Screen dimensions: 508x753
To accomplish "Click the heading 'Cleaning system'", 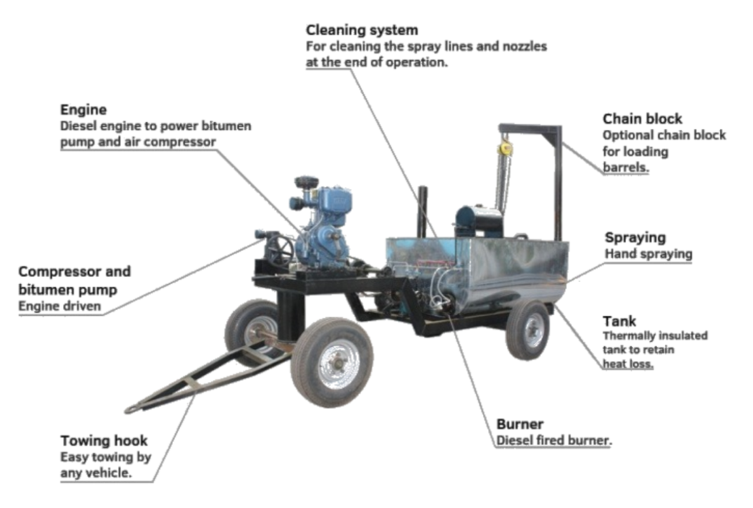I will pos(362,30).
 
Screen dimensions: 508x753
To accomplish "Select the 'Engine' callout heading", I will pos(83,109).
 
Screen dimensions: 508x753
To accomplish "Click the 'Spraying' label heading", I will pos(634,238).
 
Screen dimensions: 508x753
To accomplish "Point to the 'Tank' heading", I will pos(619,321).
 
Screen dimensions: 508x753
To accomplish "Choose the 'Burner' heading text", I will pos(520,424).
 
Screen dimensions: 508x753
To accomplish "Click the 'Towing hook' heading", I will pos(104,440).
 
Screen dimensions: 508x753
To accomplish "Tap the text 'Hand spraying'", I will pos(647,254).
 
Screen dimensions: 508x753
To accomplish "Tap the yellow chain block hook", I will pos(506,147).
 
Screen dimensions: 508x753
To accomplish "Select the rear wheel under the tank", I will pos(527,330).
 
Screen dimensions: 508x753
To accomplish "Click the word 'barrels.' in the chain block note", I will pos(625,168).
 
